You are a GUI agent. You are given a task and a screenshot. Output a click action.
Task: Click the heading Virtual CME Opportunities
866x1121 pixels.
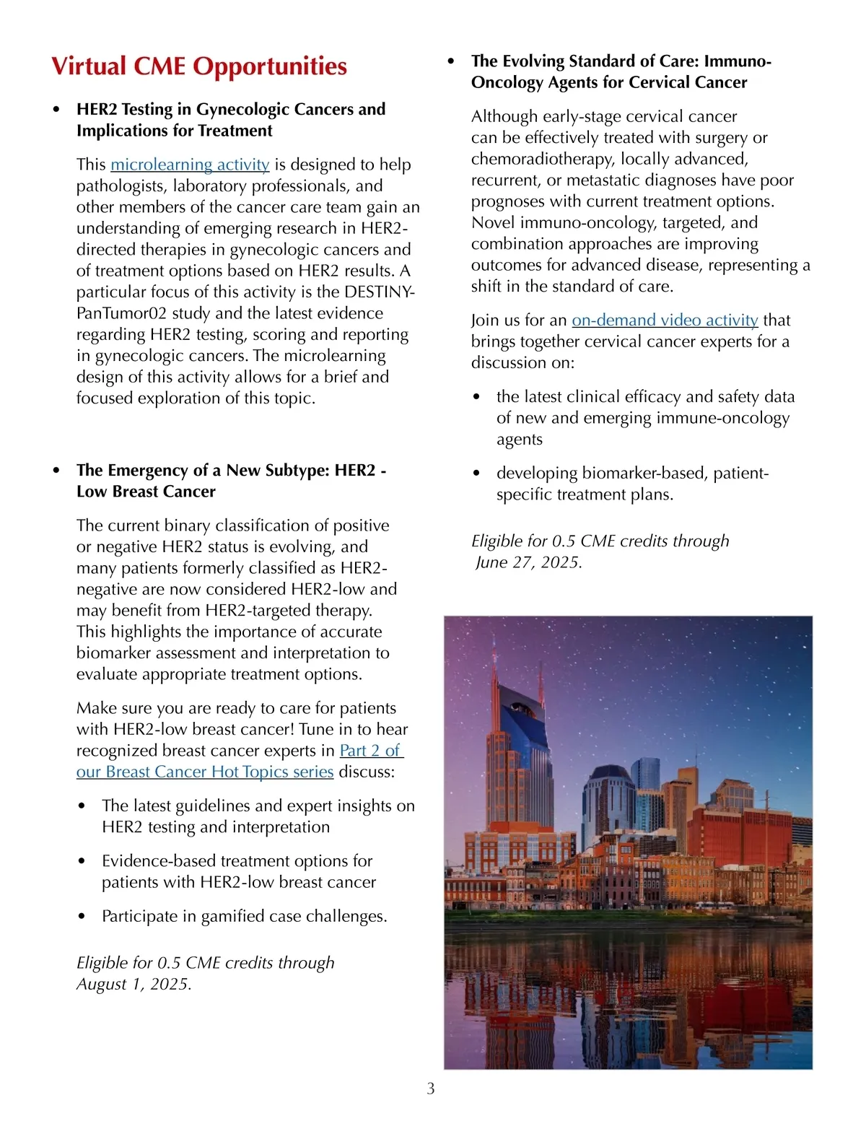[199, 66]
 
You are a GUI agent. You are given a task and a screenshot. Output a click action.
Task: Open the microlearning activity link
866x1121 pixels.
[190, 165]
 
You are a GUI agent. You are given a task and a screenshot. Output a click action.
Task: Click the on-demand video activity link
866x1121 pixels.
[665, 320]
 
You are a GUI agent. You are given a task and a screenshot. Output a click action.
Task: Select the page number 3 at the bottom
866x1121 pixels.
[431, 1089]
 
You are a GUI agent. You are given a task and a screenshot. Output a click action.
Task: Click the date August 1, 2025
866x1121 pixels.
[134, 984]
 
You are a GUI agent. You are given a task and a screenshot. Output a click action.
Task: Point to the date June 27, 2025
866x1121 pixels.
[529, 562]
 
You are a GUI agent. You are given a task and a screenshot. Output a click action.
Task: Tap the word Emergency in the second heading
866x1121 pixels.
[147, 471]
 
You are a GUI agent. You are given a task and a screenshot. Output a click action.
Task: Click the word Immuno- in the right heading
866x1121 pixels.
[738, 61]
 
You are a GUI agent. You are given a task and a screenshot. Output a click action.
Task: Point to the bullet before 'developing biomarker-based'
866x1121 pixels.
[476, 474]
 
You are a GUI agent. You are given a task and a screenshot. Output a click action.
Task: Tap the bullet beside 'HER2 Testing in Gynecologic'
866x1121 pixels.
[56, 110]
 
